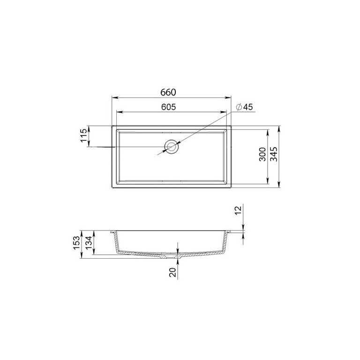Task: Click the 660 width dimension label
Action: pyautogui.click(x=168, y=92)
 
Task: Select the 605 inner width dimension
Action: pyautogui.click(x=169, y=107)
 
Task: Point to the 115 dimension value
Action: pyautogui.click(x=84, y=135)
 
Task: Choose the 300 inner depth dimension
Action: pyautogui.click(x=262, y=154)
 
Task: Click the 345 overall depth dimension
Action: pyautogui.click(x=274, y=154)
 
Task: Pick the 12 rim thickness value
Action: pyautogui.click(x=239, y=210)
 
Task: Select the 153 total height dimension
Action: pyautogui.click(x=77, y=243)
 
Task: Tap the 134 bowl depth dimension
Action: pyautogui.click(x=89, y=243)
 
